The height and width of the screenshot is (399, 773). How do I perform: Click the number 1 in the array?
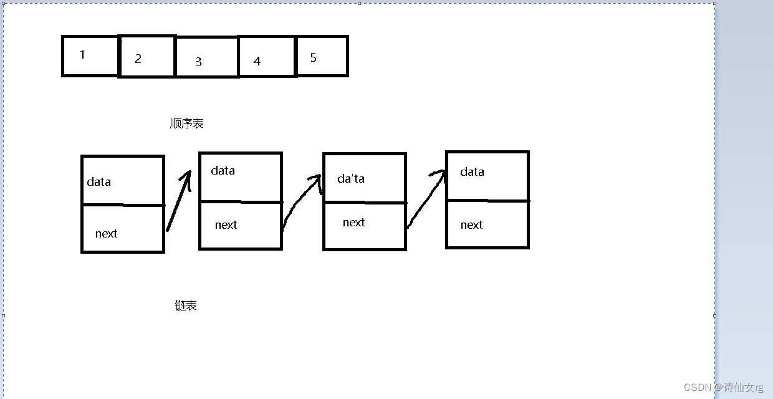[82, 55]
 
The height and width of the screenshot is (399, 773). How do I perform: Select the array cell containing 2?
[146, 57]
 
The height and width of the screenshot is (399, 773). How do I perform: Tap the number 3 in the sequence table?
[199, 62]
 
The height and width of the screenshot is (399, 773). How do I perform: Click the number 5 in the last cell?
[314, 58]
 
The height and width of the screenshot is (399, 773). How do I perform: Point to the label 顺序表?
[186, 123]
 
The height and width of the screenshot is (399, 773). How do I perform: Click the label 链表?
[186, 305]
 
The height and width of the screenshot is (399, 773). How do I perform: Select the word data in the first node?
[98, 182]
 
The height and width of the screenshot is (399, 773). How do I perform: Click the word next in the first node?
[106, 234]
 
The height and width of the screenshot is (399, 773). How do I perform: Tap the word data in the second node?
[223, 171]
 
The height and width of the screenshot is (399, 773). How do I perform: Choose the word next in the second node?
[226, 225]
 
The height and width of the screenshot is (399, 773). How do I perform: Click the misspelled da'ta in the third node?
[351, 179]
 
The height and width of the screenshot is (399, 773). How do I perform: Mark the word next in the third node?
[353, 223]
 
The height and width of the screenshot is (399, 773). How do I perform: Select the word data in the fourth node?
[472, 172]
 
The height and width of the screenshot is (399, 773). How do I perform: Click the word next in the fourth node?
[471, 225]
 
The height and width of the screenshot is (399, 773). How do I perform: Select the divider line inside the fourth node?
[487, 201]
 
